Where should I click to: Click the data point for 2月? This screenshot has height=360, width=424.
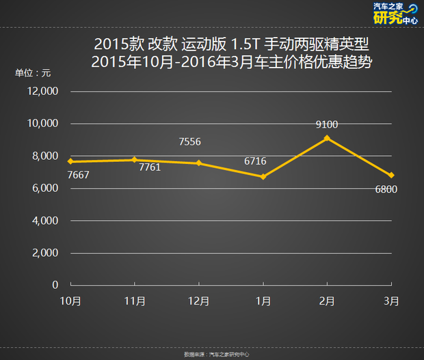click(327, 138)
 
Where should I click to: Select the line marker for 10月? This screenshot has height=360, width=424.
click(70, 161)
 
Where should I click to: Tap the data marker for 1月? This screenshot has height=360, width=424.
click(263, 176)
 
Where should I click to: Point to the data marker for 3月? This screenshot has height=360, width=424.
click(391, 175)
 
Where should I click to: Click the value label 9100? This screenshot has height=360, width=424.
click(327, 124)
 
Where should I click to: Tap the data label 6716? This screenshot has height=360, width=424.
click(255, 161)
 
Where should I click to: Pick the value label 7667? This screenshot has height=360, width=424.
click(79, 175)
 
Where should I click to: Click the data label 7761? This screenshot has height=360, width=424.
click(149, 167)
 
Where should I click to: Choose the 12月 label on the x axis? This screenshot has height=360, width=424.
click(198, 301)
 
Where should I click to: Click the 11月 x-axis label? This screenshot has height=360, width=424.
click(135, 301)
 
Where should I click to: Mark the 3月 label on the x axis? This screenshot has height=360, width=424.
click(391, 301)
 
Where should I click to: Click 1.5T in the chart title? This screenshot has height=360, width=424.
click(246, 44)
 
